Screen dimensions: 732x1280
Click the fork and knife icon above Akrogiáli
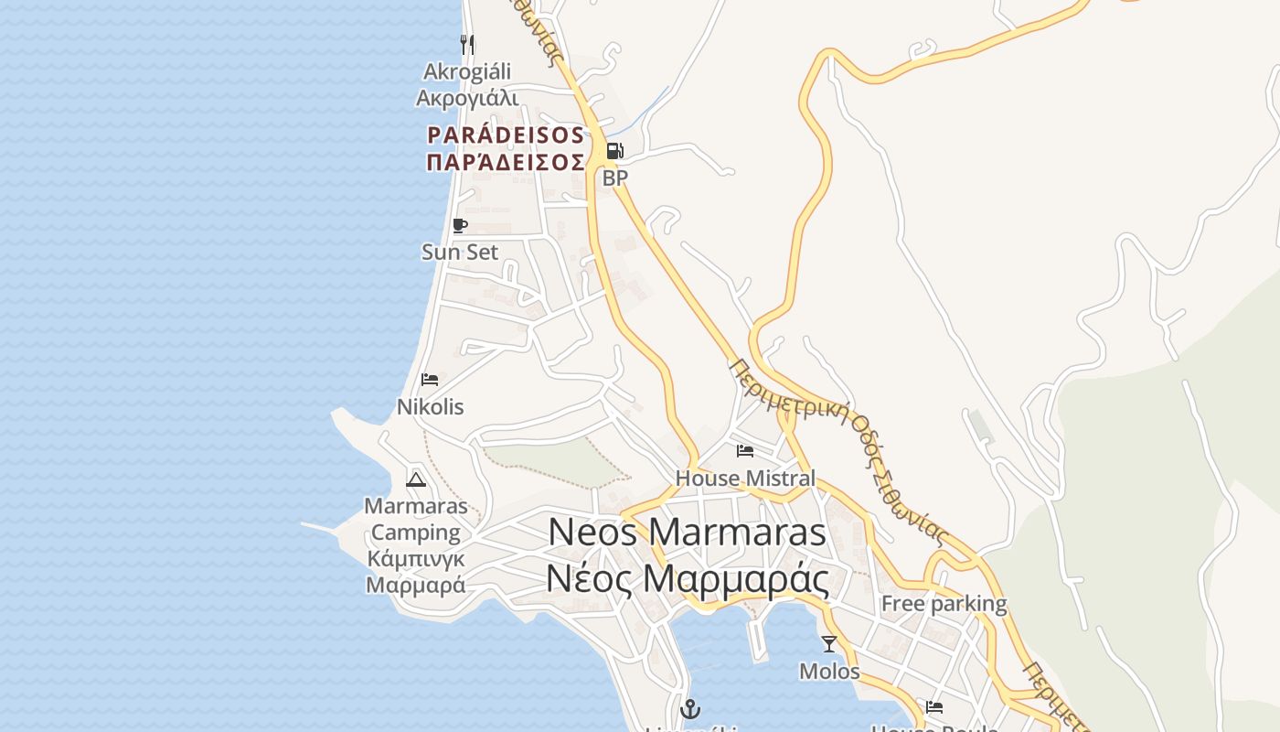point(467,44)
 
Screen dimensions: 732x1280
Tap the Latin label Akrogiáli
point(467,71)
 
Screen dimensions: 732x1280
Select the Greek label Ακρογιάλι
point(467,98)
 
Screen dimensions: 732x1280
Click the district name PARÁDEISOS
point(506,135)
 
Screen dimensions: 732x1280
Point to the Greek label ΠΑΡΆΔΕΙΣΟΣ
point(506,162)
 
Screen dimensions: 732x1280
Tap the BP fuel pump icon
point(615,150)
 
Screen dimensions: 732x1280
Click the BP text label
point(615,178)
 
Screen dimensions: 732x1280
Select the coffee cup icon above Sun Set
point(460,225)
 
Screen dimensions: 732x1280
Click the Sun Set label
point(460,252)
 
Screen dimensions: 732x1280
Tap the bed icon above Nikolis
point(430,380)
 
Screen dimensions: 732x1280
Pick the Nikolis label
point(430,406)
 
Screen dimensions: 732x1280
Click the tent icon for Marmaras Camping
point(416,479)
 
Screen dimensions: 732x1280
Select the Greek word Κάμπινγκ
point(416,558)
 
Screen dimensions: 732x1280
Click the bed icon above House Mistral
point(745,450)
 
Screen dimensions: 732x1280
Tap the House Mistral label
point(745,478)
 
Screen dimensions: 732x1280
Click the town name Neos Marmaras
point(688,533)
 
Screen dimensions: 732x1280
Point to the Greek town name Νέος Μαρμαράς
point(688,578)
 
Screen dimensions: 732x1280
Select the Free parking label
point(944,604)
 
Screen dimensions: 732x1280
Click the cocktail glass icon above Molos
point(829,644)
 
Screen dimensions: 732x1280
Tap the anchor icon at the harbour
point(690,708)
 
